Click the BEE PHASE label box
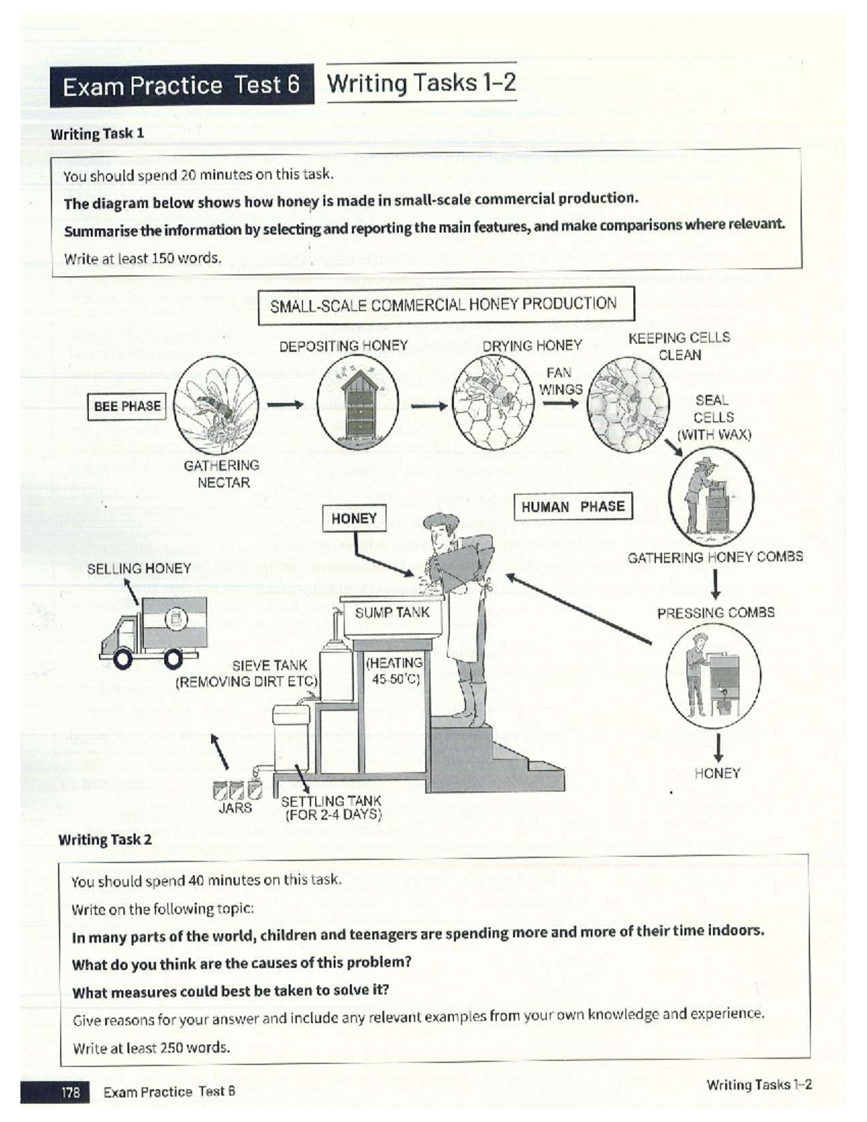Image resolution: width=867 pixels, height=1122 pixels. click(127, 406)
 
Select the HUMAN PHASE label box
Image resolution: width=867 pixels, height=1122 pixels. click(572, 506)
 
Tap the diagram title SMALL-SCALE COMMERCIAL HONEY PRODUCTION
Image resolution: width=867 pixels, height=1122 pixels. click(444, 305)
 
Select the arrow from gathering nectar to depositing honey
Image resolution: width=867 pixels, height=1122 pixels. click(285, 405)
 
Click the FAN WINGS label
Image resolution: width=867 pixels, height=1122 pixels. click(560, 381)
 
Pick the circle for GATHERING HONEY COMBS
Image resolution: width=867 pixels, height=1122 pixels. click(711, 497)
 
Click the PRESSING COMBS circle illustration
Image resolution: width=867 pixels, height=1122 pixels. click(712, 676)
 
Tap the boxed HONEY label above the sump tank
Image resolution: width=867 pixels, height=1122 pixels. click(354, 518)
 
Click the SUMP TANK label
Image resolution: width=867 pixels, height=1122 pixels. click(392, 613)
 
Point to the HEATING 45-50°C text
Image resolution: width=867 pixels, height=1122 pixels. click(394, 670)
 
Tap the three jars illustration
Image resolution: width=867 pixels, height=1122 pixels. click(236, 790)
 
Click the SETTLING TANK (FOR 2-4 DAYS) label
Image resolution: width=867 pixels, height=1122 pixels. click(331, 808)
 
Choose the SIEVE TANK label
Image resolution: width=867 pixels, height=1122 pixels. click(269, 665)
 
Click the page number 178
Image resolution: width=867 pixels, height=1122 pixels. click(70, 1092)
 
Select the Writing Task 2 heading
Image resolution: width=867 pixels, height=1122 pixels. click(105, 840)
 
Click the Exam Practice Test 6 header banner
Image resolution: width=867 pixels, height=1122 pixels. click(181, 85)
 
